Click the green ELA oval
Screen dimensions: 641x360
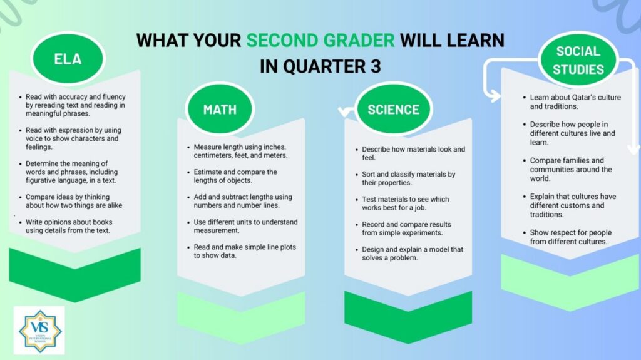68,58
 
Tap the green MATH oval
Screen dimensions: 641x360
220,109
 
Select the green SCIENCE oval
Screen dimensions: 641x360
393,109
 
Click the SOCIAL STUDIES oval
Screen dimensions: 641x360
578,60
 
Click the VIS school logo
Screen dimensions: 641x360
39,331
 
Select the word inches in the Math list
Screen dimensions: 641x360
275,147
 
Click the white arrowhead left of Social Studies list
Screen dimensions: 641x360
493,96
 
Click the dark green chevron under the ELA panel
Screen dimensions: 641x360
75,275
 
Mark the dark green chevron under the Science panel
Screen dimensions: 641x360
408,317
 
